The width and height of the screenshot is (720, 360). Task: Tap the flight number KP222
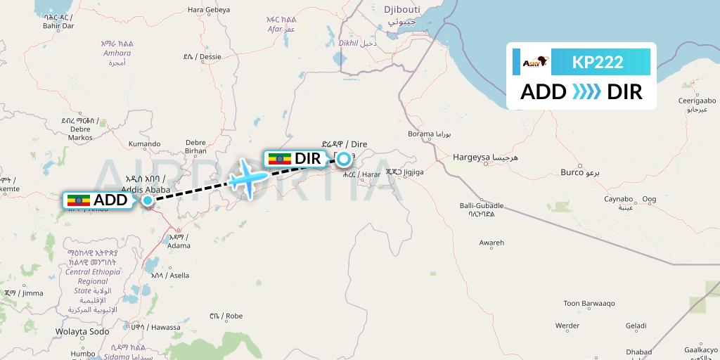coord(598,63)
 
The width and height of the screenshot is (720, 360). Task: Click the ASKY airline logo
coord(532,63)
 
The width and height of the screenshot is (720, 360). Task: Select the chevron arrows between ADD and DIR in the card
coord(586,92)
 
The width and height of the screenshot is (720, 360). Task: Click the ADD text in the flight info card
coord(544,92)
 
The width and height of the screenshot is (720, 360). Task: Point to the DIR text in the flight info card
coord(624,92)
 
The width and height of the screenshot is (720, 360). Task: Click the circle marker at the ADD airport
coord(148,200)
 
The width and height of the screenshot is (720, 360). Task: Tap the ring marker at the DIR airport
coord(344,159)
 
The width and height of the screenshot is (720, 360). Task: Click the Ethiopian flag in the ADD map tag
coord(78,200)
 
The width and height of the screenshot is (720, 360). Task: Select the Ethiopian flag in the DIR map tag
coord(279,159)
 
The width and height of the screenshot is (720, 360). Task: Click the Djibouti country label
coord(401,10)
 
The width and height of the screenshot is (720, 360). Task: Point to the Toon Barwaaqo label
coord(589,304)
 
